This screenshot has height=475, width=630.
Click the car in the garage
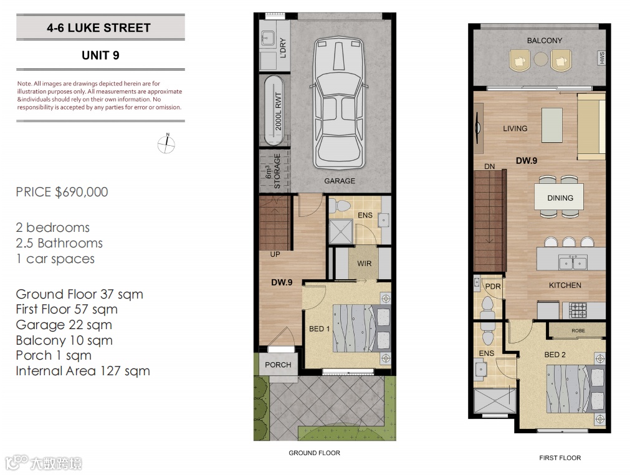339,103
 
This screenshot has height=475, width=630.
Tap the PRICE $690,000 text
62,192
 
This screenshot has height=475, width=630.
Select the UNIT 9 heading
100,55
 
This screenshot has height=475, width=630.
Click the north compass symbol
166,144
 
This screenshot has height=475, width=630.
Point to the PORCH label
278,365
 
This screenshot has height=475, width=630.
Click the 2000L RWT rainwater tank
274,110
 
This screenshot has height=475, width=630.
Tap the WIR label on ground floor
365,264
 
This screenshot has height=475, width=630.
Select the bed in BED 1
361,329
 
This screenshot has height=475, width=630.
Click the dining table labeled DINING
559,197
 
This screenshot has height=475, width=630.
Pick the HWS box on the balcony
601,58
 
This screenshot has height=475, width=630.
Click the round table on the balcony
541,59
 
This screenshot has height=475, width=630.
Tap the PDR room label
493,287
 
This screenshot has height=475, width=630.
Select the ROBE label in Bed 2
578,331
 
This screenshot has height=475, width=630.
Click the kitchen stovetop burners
578,310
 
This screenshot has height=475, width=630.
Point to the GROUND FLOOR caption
314,453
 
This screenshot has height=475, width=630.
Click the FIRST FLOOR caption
560,458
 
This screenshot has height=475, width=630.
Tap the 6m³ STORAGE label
273,171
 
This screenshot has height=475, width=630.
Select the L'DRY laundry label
283,48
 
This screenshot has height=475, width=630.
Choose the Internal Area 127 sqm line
83,371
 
